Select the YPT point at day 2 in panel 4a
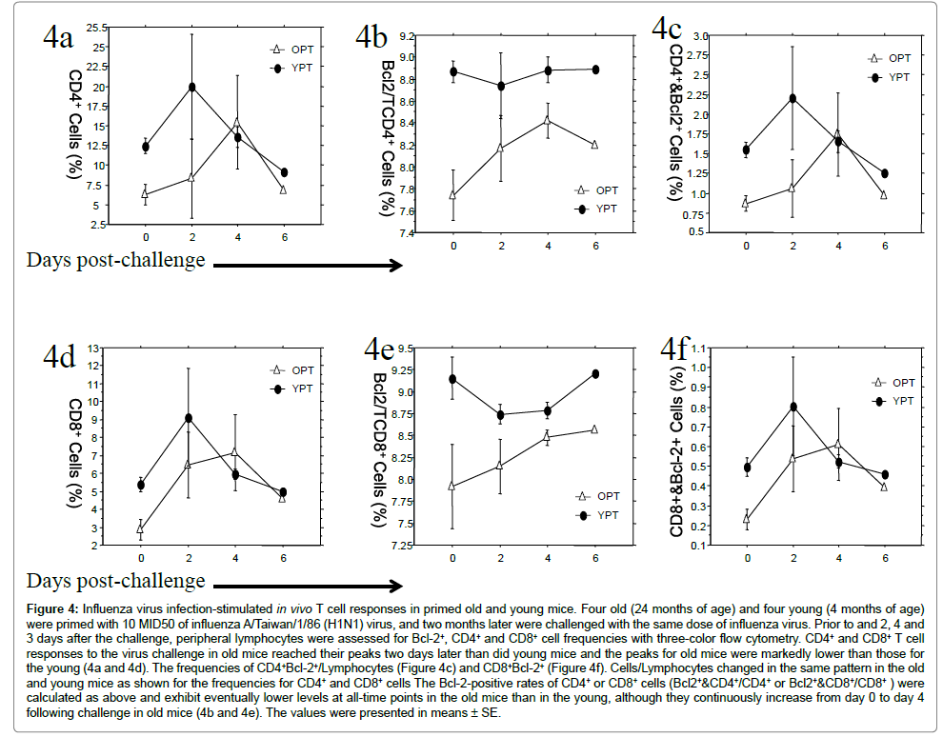(192, 87)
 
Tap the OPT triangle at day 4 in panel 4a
(237, 121)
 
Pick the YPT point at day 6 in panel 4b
(595, 70)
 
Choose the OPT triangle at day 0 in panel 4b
(453, 194)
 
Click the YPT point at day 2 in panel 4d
(190, 418)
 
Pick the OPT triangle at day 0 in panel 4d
(141, 528)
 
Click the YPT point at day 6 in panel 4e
(595, 373)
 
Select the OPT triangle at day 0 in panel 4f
(747, 520)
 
